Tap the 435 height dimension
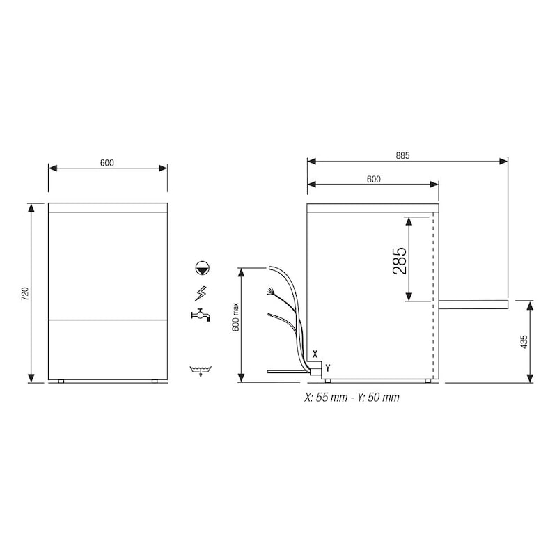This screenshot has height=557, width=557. pos(524,341)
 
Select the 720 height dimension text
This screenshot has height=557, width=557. pos(25,293)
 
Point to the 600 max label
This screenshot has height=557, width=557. pos(235,317)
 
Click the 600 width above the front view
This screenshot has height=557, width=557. pos(107,163)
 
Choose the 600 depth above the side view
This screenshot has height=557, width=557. pos(373,179)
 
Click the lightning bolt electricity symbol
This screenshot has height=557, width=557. pos(201,291)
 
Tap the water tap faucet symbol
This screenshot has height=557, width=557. pos(201,314)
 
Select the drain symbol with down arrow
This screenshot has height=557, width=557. pos(201,370)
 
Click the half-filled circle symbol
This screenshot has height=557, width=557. pos(201,267)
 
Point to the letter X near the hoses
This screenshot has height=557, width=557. pos(315,354)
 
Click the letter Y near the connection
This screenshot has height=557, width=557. pos(327,367)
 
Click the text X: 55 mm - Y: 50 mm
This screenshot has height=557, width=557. pos(351,397)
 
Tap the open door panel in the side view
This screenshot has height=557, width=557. pos(473,304)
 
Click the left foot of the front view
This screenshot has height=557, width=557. pos(61,382)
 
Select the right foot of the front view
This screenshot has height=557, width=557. pos(155,382)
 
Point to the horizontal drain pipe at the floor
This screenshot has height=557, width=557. pos(285,372)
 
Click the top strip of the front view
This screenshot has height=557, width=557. pos(108,207)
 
